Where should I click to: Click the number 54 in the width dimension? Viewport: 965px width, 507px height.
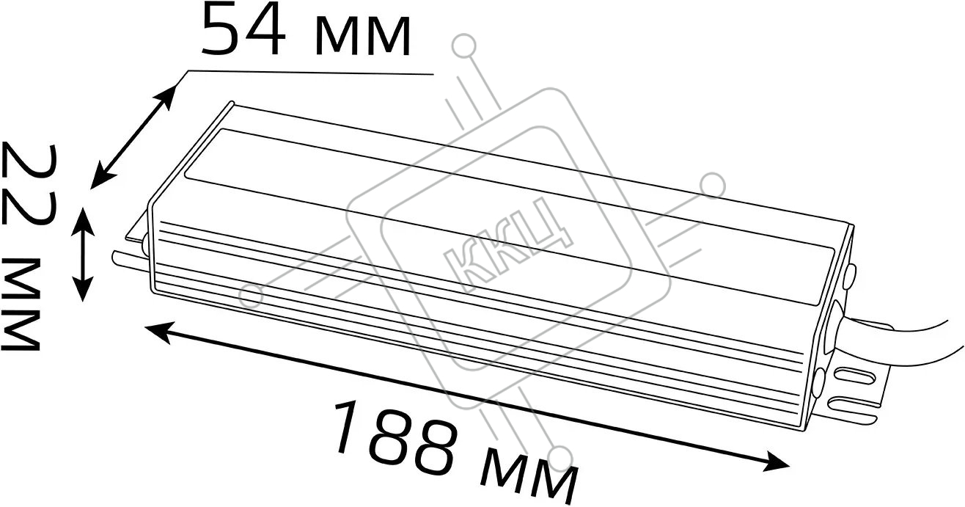point(243,29)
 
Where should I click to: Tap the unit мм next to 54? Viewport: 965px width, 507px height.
point(362,36)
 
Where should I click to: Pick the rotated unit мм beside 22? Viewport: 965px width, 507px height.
point(21,304)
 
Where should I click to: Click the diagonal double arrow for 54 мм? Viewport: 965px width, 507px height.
point(133,136)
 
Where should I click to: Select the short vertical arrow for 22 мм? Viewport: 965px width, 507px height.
point(82,255)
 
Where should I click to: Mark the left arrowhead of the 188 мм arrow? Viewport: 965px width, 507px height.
point(159,332)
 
